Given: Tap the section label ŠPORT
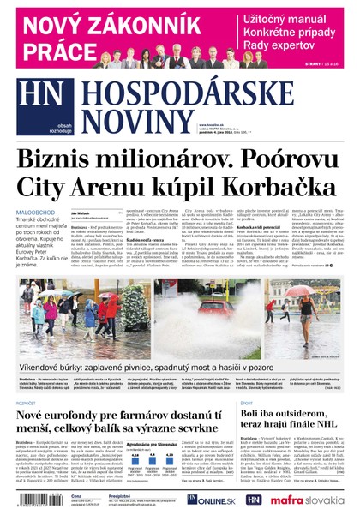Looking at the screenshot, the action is pos(246,402).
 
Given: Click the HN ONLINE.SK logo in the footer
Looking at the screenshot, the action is pos(210,500).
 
